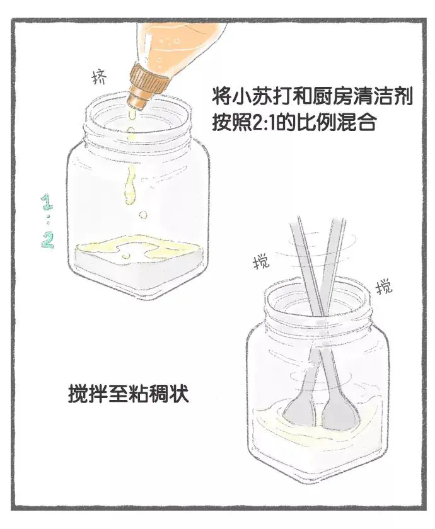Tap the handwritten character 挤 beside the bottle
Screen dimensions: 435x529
click(100, 77)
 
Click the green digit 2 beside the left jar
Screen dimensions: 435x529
click(48, 240)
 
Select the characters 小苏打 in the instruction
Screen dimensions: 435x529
click(260, 96)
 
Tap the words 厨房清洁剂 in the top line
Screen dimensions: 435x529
click(361, 96)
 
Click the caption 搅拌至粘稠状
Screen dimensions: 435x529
click(128, 393)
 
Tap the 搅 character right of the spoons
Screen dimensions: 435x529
click(384, 287)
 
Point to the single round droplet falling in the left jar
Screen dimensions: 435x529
click(143, 215)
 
